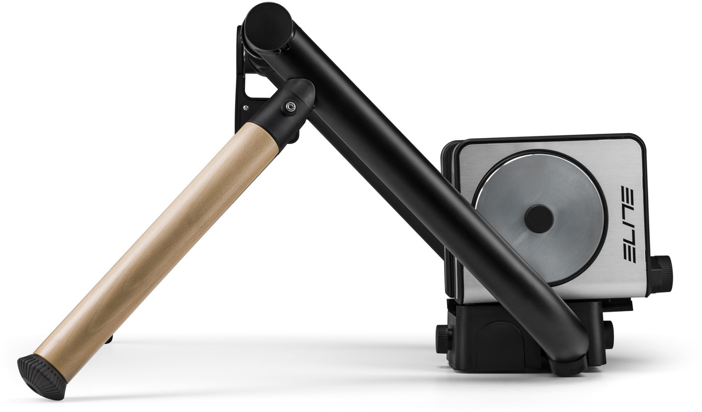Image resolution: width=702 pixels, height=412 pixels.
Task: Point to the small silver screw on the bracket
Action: click(246, 108)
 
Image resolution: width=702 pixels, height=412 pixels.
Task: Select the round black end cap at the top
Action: click(268, 27)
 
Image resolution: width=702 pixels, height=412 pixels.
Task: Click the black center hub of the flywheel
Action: click(539, 219)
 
